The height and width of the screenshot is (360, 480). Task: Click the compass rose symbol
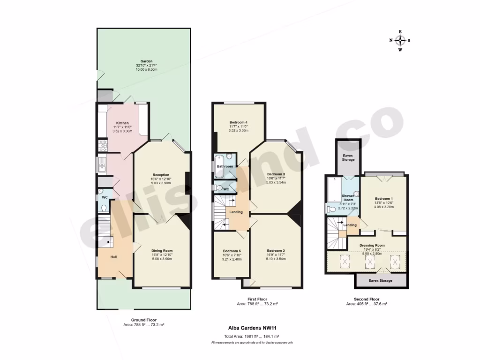[x=400, y=40]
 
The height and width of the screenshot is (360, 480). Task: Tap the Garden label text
[x=143, y=61]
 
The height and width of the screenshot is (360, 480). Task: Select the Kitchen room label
[x=123, y=123]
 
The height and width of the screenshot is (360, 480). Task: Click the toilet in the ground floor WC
[x=104, y=207]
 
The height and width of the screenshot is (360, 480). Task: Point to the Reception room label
[x=161, y=175]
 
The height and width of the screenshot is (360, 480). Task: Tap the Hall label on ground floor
[x=113, y=257]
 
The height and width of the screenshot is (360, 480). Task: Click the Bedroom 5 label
[x=232, y=251]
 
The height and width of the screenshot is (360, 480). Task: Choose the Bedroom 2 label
[x=276, y=250]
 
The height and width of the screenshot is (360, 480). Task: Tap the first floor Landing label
[x=236, y=212]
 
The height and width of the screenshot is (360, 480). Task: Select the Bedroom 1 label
[x=383, y=199]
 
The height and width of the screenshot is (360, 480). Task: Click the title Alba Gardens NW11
[x=252, y=329]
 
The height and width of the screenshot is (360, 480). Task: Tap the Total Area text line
[x=252, y=337]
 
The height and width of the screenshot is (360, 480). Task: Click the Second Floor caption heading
[x=366, y=299]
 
